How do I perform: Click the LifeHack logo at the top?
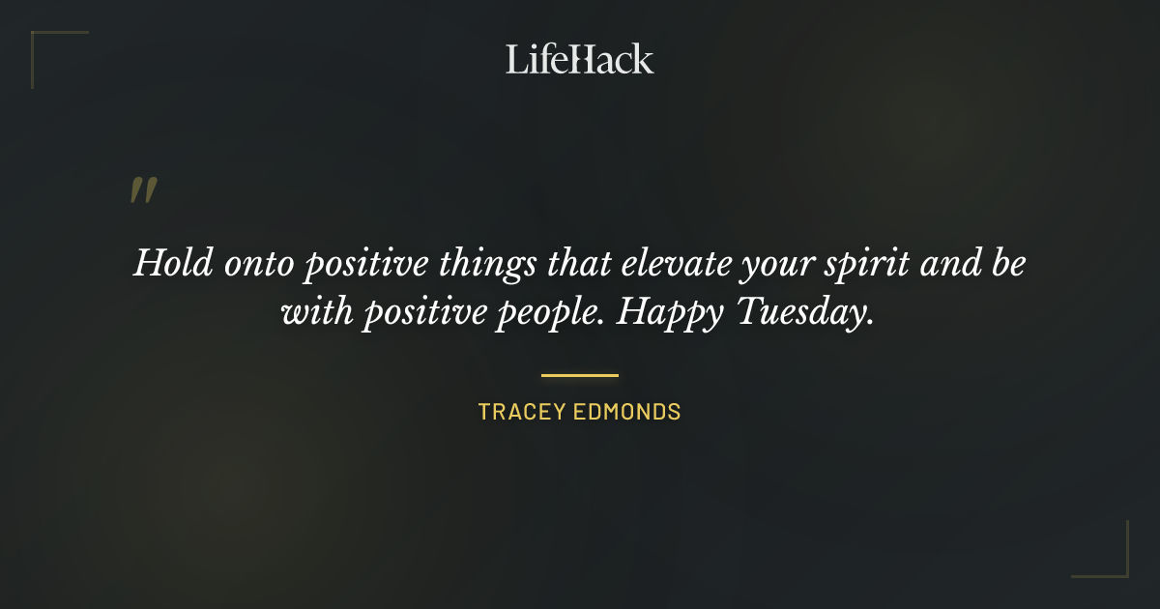580,59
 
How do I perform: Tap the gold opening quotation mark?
143,190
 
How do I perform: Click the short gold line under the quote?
580,375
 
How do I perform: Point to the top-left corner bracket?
44,44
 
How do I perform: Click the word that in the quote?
582,263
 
